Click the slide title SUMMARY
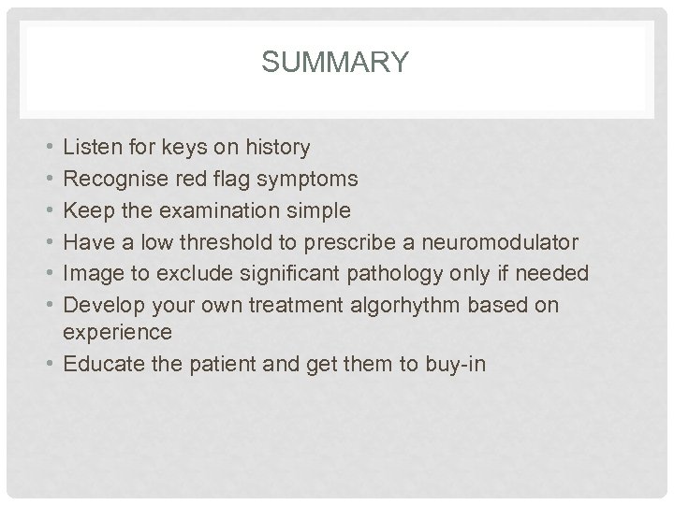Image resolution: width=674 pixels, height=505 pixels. [x=335, y=63]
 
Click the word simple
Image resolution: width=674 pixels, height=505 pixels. [x=319, y=210]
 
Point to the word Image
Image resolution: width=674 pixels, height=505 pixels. [x=92, y=272]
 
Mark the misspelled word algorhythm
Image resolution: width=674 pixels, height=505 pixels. [x=388, y=304]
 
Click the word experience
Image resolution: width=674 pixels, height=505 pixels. [x=117, y=333]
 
